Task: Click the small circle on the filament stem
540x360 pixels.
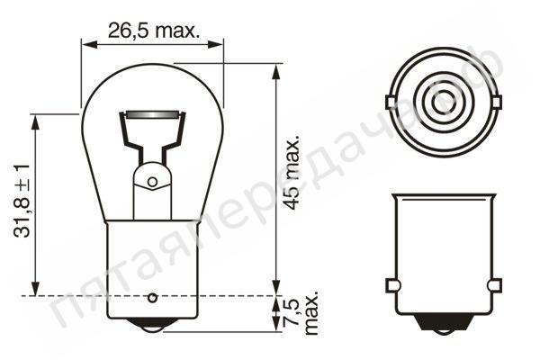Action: [151, 182]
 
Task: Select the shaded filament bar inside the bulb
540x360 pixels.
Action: [151, 115]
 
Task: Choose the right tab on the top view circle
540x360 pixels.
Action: [494, 101]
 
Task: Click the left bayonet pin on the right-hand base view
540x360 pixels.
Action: [391, 285]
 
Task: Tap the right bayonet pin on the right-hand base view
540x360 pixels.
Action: [493, 285]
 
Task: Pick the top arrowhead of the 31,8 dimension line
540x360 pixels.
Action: [36, 120]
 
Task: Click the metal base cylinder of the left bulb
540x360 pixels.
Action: [151, 261]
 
